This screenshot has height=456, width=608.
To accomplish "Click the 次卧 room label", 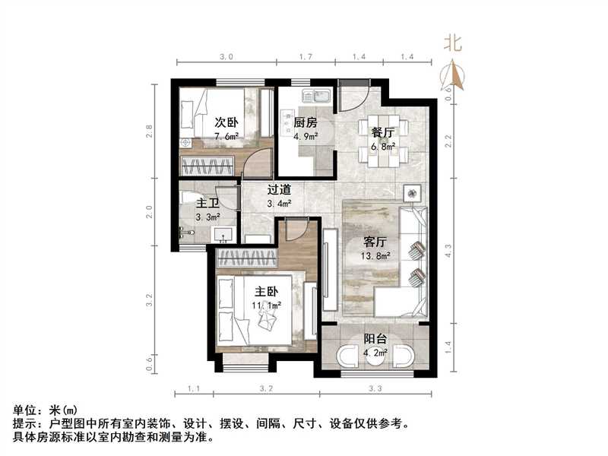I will point(223,121).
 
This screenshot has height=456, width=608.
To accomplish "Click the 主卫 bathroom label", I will point(208,204).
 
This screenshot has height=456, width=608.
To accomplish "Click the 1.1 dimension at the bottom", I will point(194,389).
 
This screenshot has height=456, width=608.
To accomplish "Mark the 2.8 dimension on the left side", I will point(151,130).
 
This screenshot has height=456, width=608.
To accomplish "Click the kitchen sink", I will point(315,97).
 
